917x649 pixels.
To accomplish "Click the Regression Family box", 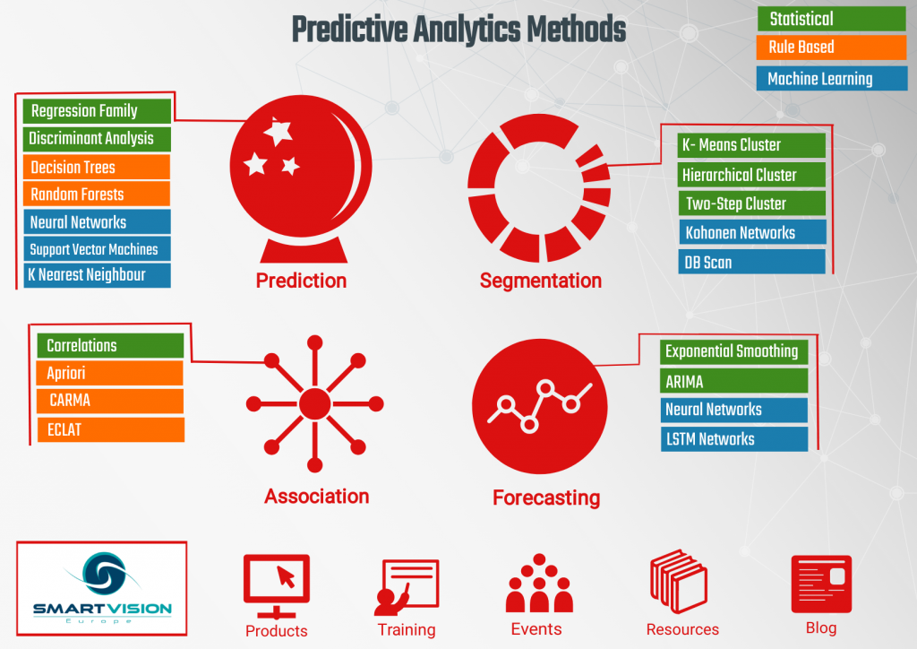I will click(97, 111).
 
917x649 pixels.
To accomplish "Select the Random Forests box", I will click(97, 194).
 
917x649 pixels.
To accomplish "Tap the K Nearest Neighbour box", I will click(97, 275).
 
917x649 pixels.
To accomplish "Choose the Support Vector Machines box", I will click(97, 249).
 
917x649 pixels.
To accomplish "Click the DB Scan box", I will click(752, 263).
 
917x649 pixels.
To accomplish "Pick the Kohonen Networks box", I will click(752, 233).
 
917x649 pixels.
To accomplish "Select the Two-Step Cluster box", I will click(752, 203).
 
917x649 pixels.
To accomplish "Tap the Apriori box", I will click(110, 373).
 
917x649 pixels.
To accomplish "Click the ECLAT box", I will click(110, 429).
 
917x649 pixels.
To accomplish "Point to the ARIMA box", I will click(734, 381).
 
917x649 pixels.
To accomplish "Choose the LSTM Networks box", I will click(734, 439).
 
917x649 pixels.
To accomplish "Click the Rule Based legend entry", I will click(831, 48).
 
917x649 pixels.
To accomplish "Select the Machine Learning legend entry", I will click(831, 79).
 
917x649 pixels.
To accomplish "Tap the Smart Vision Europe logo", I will click(102, 588).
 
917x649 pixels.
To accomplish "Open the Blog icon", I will click(820, 584).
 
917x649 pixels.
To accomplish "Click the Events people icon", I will click(539, 584).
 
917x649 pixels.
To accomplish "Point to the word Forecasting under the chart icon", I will click(546, 497).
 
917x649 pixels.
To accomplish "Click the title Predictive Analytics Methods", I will click(458, 30).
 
